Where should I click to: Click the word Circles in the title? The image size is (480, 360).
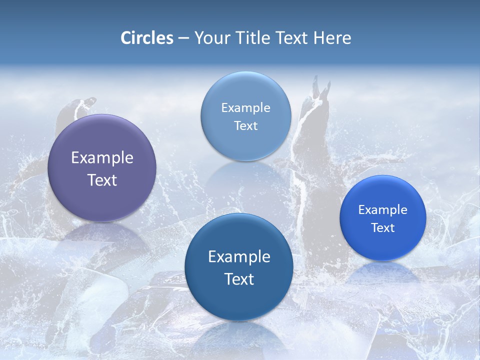point(147,38)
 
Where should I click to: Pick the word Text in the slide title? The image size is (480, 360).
point(292,38)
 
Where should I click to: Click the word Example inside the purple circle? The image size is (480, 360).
point(102,157)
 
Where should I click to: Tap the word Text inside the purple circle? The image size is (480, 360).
point(102,180)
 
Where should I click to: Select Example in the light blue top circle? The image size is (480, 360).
point(245,107)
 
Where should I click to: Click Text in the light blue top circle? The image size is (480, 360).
point(245,125)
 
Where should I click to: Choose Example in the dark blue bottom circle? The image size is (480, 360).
point(239,256)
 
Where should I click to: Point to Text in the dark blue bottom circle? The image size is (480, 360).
point(239,279)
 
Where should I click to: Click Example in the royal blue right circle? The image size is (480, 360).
point(382,209)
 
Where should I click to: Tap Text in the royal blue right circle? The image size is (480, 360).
point(382,227)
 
